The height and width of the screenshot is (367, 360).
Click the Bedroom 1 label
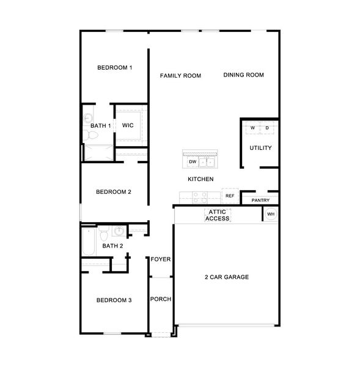115,67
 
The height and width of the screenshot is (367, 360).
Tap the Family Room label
180,76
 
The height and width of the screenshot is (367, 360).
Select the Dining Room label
243,75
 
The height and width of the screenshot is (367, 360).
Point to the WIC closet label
128,125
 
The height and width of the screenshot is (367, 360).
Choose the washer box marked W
252,128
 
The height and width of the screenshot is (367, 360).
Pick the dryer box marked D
267,128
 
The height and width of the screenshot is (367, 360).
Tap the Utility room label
260,148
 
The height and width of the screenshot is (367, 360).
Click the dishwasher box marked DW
192,162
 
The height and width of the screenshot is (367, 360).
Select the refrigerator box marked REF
230,196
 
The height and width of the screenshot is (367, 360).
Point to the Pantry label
260,200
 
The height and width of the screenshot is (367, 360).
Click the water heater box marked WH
271,213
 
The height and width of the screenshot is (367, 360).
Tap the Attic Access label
218,215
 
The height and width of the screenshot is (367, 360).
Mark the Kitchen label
200,179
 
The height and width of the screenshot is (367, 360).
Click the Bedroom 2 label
114,191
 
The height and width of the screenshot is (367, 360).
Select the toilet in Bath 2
104,234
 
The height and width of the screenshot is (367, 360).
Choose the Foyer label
161,259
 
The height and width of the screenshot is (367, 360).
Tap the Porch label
161,299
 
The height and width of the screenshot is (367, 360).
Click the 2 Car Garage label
226,277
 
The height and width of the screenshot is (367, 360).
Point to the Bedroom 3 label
114,300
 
